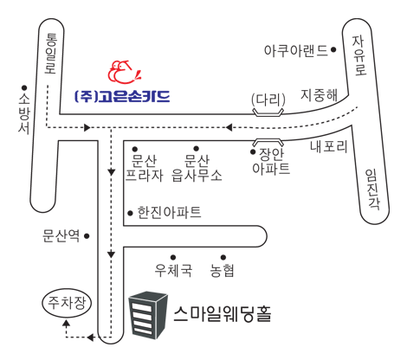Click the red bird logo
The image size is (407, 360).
[124, 72]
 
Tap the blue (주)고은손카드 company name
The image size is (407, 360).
[122, 97]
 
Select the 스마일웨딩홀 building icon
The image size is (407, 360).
[148, 315]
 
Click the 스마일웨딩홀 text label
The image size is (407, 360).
[223, 313]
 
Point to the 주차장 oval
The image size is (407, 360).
[67, 303]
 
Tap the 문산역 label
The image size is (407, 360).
[61, 236]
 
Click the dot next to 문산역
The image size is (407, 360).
[87, 236]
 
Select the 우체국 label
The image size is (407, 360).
[173, 270]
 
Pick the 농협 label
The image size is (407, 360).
[222, 270]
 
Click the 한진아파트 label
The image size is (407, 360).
[169, 213]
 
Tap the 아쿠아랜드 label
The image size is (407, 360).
[296, 50]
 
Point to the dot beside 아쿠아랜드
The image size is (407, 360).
[333, 50]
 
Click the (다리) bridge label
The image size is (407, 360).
[268, 100]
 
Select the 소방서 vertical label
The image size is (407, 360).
[24, 114]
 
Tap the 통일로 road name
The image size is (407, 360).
[51, 54]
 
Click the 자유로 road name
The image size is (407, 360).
[359, 55]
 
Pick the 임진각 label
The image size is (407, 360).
[372, 189]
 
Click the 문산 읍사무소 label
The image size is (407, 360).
[197, 168]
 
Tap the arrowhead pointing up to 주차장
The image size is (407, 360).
[67, 324]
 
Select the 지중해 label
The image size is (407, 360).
[319, 95]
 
